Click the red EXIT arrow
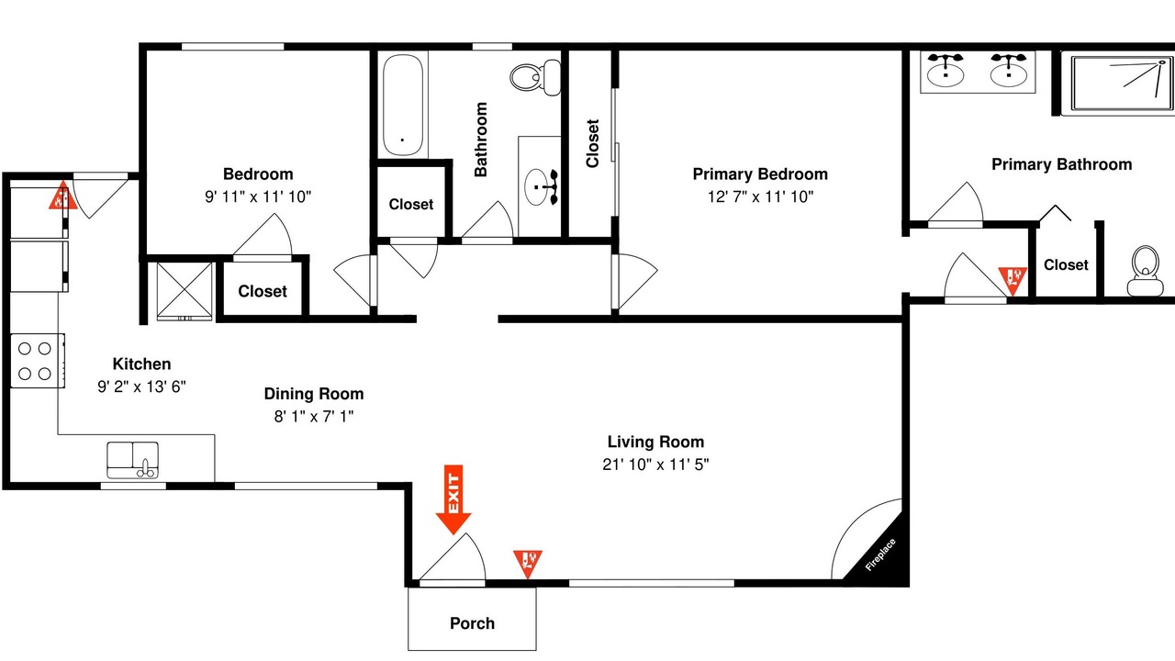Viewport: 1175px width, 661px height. coord(453,499)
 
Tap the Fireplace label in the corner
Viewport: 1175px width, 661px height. coord(880,555)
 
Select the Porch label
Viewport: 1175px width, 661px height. coord(472,623)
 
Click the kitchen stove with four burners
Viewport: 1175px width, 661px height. coord(38,361)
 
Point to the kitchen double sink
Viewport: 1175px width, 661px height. coord(133,460)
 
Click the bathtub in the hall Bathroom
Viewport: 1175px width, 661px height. coord(402,105)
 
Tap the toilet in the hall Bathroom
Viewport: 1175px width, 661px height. coord(535,77)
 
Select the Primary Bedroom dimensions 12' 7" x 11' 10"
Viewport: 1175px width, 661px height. coord(760,196)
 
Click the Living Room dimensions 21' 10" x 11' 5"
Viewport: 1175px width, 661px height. coord(655,465)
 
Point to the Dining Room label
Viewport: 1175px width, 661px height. coord(314,394)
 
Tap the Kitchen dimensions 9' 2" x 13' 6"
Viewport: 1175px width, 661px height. coord(141,387)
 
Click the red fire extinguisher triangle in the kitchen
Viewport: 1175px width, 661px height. coord(63,196)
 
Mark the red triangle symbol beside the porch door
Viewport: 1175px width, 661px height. coord(528,564)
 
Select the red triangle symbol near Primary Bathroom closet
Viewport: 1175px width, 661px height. coord(1013,281)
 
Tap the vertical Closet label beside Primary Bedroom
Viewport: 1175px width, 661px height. coord(592,143)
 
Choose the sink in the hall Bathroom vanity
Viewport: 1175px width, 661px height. coord(536,186)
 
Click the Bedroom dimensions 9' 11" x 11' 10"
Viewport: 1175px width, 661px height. coord(258,196)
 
